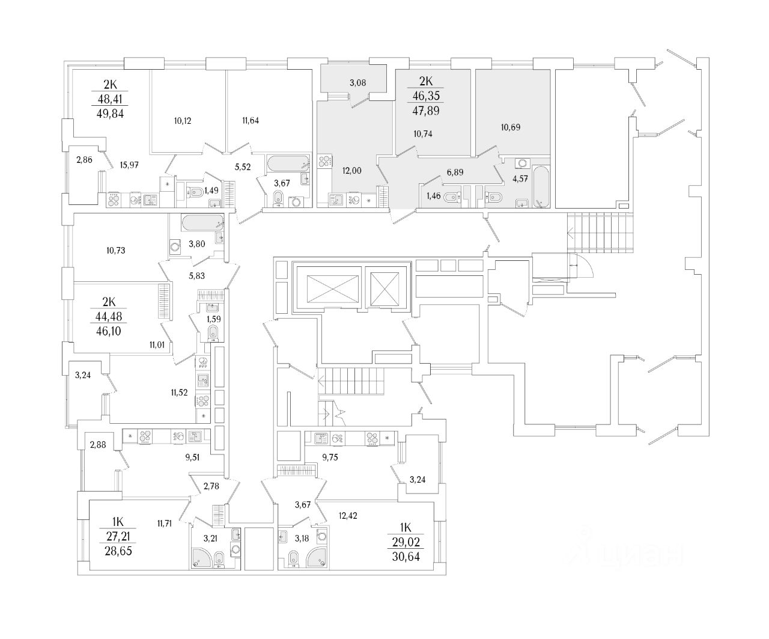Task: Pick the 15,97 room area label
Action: [130, 165]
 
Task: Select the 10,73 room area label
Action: [114, 249]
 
